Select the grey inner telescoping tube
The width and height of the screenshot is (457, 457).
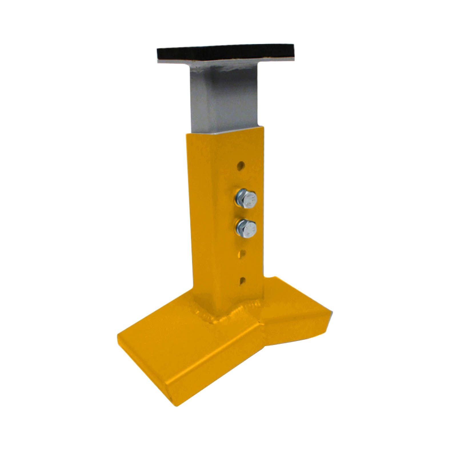click(x=226, y=100)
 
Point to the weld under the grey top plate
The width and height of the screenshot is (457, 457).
click(x=226, y=68)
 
